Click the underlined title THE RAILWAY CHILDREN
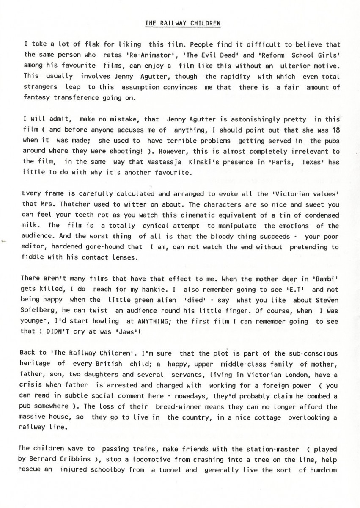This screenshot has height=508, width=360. [x=182, y=24]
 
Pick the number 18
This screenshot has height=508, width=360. [x=335, y=130]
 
